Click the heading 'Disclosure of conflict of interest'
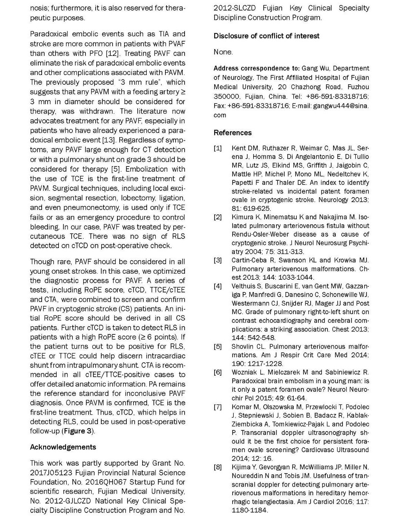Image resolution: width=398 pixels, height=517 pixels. coord(266,36)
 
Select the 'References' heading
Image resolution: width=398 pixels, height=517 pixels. coord(233,133)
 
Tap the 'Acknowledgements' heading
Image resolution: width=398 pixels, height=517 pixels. coord(63,447)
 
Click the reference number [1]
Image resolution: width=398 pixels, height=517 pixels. coord(218,148)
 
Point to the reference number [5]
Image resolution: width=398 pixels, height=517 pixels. coord(218,346)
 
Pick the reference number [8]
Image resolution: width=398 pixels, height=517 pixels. coord(218,467)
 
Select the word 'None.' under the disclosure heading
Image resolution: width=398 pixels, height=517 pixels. coord(223,52)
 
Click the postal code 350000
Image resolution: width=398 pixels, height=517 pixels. coord(227,97)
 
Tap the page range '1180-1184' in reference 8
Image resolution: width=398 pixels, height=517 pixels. coord(249,510)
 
